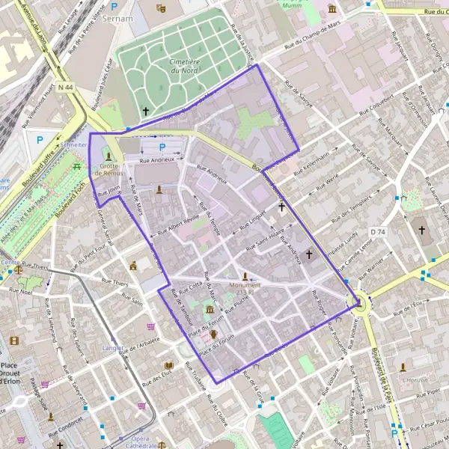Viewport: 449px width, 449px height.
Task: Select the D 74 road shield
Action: (x=376, y=232)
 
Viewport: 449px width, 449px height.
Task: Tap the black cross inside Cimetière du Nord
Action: (x=146, y=111)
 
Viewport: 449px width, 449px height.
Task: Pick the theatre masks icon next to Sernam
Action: (x=161, y=7)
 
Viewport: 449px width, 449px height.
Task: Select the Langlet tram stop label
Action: (x=112, y=348)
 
